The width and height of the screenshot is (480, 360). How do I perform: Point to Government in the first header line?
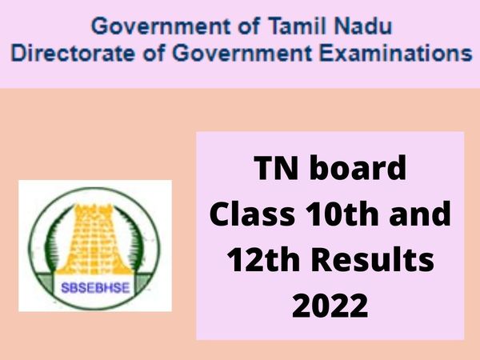(x=153, y=26)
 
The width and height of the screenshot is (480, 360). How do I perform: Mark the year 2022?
(x=329, y=304)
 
